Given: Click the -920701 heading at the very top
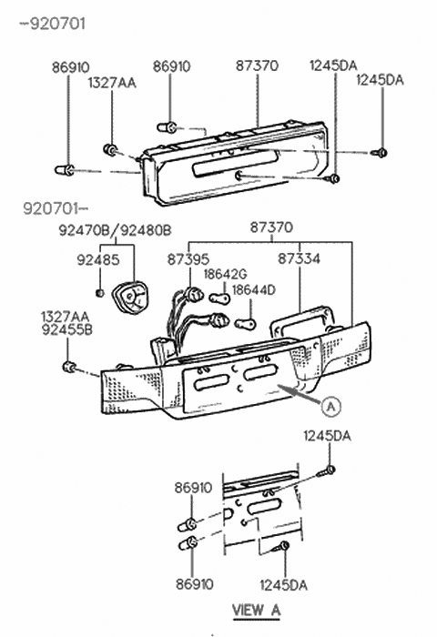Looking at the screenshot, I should click(x=53, y=25).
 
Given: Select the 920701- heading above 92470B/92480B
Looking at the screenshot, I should click(x=54, y=209).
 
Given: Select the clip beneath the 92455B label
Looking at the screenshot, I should click(x=69, y=367).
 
